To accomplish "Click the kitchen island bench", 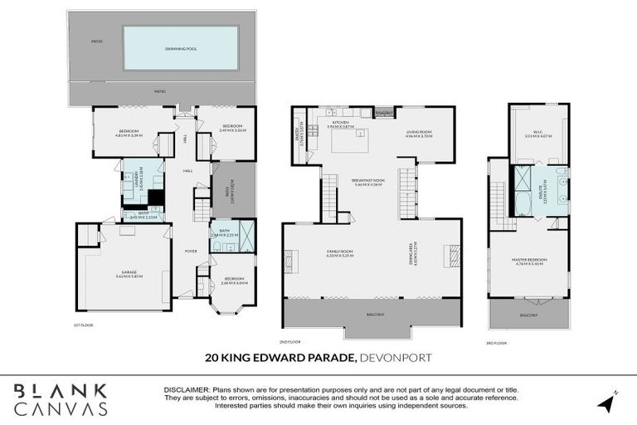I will (x=354, y=141).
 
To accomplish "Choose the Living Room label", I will (x=419, y=134).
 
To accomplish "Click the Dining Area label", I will (x=411, y=252).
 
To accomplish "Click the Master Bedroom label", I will (x=528, y=263).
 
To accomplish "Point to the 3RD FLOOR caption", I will (x=495, y=341).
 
